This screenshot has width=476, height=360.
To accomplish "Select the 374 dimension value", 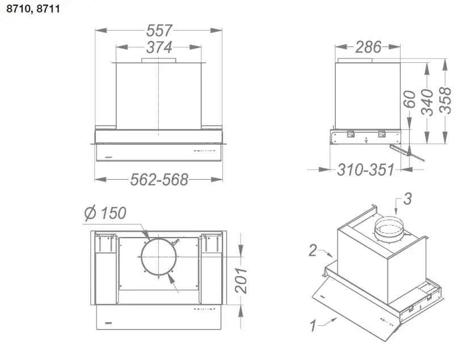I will pos(159,47).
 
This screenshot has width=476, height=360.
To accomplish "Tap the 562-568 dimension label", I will pos(159,180).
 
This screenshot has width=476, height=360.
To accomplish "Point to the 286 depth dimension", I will pos(368,47).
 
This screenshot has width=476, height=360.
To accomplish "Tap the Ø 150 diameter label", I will pos(104,213).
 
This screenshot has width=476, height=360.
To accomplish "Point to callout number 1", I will pos(313,325).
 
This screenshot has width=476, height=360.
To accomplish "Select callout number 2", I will pos(313,249).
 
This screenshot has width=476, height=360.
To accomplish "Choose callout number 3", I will pos(407,198).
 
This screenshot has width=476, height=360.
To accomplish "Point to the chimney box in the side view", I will pos(368,94).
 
